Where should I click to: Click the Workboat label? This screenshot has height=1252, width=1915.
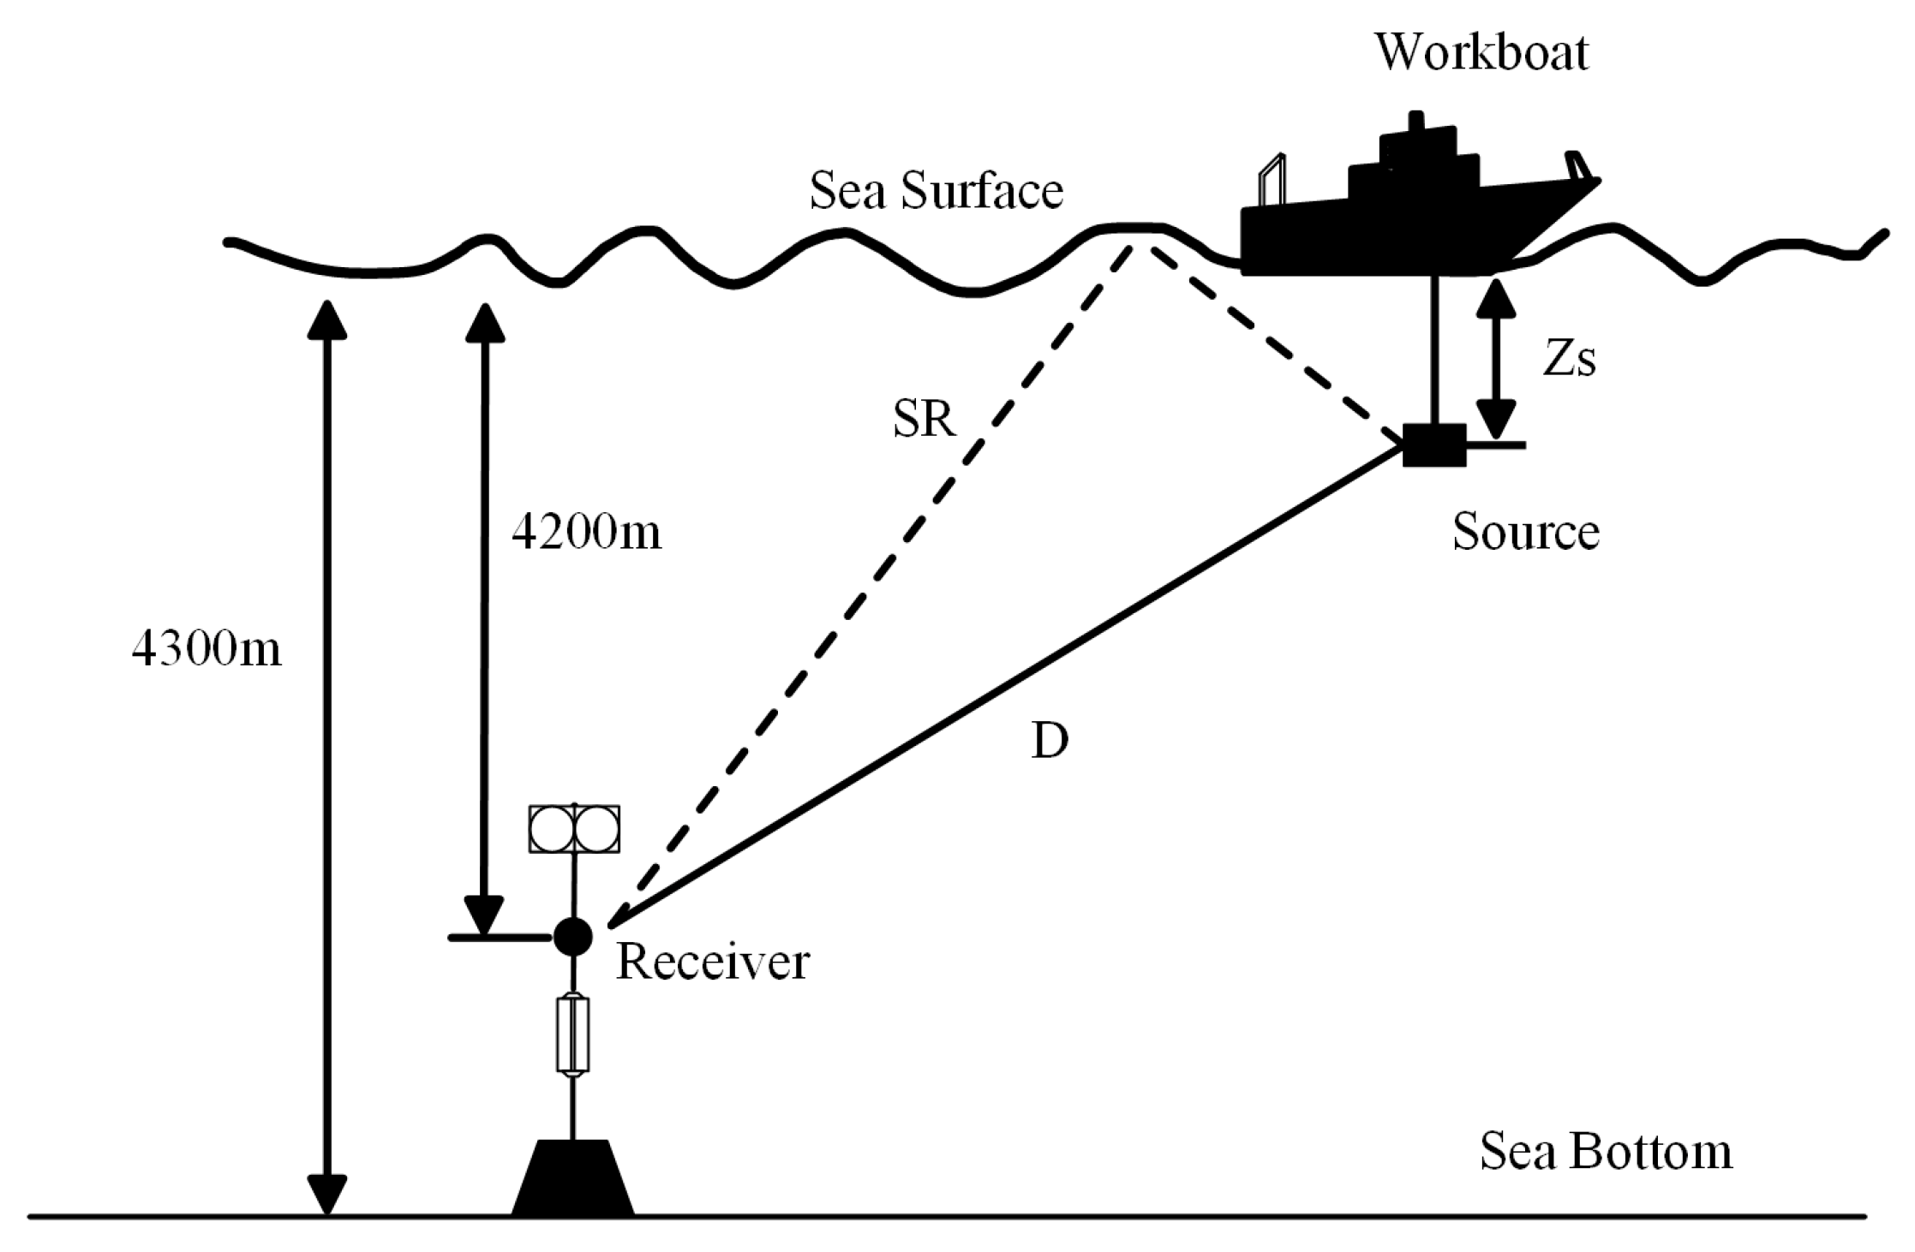(x=1481, y=52)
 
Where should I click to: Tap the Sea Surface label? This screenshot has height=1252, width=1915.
(x=936, y=190)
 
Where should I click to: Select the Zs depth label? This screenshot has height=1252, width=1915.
(x=1569, y=361)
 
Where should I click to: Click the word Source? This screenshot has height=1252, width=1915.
(x=1525, y=532)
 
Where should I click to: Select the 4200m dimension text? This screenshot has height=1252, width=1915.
(x=587, y=533)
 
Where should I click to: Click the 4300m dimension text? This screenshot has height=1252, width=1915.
(x=206, y=650)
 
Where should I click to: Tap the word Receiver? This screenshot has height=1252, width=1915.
(x=712, y=962)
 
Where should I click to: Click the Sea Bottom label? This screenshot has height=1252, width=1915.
(x=1606, y=1152)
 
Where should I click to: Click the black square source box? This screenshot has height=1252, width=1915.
(x=1434, y=445)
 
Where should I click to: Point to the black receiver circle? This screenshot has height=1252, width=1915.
(x=572, y=936)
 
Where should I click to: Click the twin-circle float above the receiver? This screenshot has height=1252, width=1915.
(x=574, y=829)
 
